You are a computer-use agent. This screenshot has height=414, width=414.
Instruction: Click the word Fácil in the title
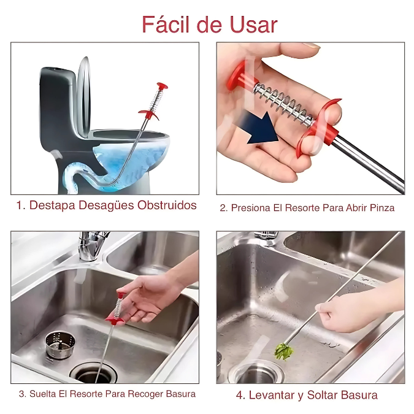pyautogui.click(x=166, y=25)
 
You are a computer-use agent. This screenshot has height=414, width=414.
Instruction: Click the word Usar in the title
pyautogui.click(x=253, y=25)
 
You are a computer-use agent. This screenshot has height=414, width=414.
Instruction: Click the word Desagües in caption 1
pyautogui.click(x=106, y=205)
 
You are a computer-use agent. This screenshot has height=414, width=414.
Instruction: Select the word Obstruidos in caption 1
pyautogui.click(x=167, y=205)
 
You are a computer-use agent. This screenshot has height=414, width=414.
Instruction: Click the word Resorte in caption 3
pyautogui.click(x=88, y=394)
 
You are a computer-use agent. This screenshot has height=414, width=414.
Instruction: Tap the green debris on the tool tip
pyautogui.click(x=284, y=352)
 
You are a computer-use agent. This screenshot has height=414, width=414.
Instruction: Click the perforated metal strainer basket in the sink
pyautogui.click(x=60, y=345)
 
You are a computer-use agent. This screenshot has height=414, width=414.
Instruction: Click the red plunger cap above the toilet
pyautogui.click(x=162, y=86)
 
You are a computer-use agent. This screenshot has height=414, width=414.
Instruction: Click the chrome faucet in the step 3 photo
pyautogui.click(x=91, y=245)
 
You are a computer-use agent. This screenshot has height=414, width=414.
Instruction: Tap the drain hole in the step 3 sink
pyautogui.click(x=94, y=374)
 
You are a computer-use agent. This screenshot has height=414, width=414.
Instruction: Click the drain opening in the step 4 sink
pyautogui.click(x=257, y=374)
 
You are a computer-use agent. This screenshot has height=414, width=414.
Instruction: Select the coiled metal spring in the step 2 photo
pyautogui.click(x=285, y=104)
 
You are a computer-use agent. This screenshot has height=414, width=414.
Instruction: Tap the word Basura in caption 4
pyautogui.click(x=359, y=395)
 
